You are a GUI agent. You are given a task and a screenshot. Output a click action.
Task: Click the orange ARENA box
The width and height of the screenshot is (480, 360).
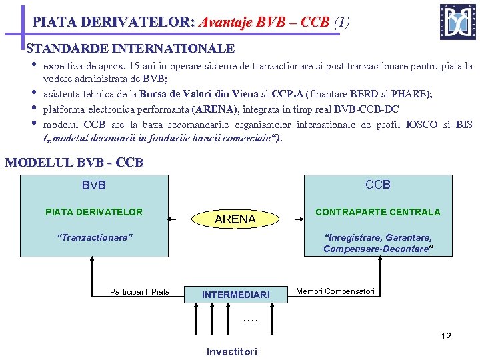click(236, 218)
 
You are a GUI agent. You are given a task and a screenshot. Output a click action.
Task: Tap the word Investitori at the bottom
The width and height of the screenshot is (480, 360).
click(231, 351)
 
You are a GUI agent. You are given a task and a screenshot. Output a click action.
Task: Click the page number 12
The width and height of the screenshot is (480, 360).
click(446, 336)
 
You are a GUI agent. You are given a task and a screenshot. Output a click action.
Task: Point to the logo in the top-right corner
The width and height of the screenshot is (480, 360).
click(457, 22)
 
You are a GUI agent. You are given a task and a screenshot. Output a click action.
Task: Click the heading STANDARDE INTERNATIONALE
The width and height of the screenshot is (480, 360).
click(130, 49)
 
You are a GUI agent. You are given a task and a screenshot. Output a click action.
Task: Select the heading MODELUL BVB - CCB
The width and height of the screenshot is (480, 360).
click(74, 163)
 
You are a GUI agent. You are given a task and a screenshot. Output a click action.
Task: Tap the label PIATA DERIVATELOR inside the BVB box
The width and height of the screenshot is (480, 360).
click(94, 212)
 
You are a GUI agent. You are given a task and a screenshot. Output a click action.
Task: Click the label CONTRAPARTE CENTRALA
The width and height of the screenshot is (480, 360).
click(377, 212)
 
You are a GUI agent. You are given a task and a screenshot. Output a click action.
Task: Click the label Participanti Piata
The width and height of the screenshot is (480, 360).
click(140, 291)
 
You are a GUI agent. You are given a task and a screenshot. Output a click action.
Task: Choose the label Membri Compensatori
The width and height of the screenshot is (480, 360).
click(335, 291)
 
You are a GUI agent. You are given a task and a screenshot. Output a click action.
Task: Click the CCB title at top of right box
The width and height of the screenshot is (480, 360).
click(378, 185)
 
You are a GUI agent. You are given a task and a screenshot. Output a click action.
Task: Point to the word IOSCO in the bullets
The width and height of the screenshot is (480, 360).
click(421, 125)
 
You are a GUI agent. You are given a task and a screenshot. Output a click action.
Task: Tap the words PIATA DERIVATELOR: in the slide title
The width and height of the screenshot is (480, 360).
click(113, 22)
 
